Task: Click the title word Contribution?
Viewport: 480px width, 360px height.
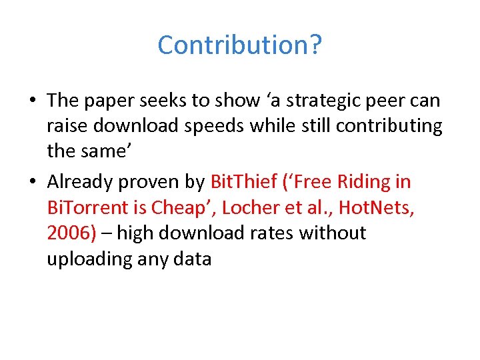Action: point(240,45)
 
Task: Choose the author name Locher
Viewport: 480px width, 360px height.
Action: point(247,207)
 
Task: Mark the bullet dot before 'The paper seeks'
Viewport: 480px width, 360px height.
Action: point(32,101)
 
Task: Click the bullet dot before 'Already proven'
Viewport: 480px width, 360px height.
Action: point(32,182)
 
